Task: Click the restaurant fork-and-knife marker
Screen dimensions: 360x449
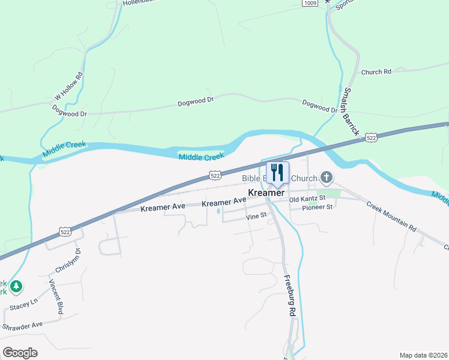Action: [277, 173]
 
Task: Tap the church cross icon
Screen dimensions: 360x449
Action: [326, 177]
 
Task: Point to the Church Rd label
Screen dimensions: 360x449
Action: [376, 72]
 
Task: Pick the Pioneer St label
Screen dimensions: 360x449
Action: [318, 208]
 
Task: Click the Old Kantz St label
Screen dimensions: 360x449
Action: [307, 198]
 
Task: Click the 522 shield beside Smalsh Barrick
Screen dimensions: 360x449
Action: [371, 138]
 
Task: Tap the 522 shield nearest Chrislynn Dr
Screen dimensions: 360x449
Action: [65, 231]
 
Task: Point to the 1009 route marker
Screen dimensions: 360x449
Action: [310, 3]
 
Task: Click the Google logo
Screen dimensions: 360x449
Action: [20, 353]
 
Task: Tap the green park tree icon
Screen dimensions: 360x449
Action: [17, 286]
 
